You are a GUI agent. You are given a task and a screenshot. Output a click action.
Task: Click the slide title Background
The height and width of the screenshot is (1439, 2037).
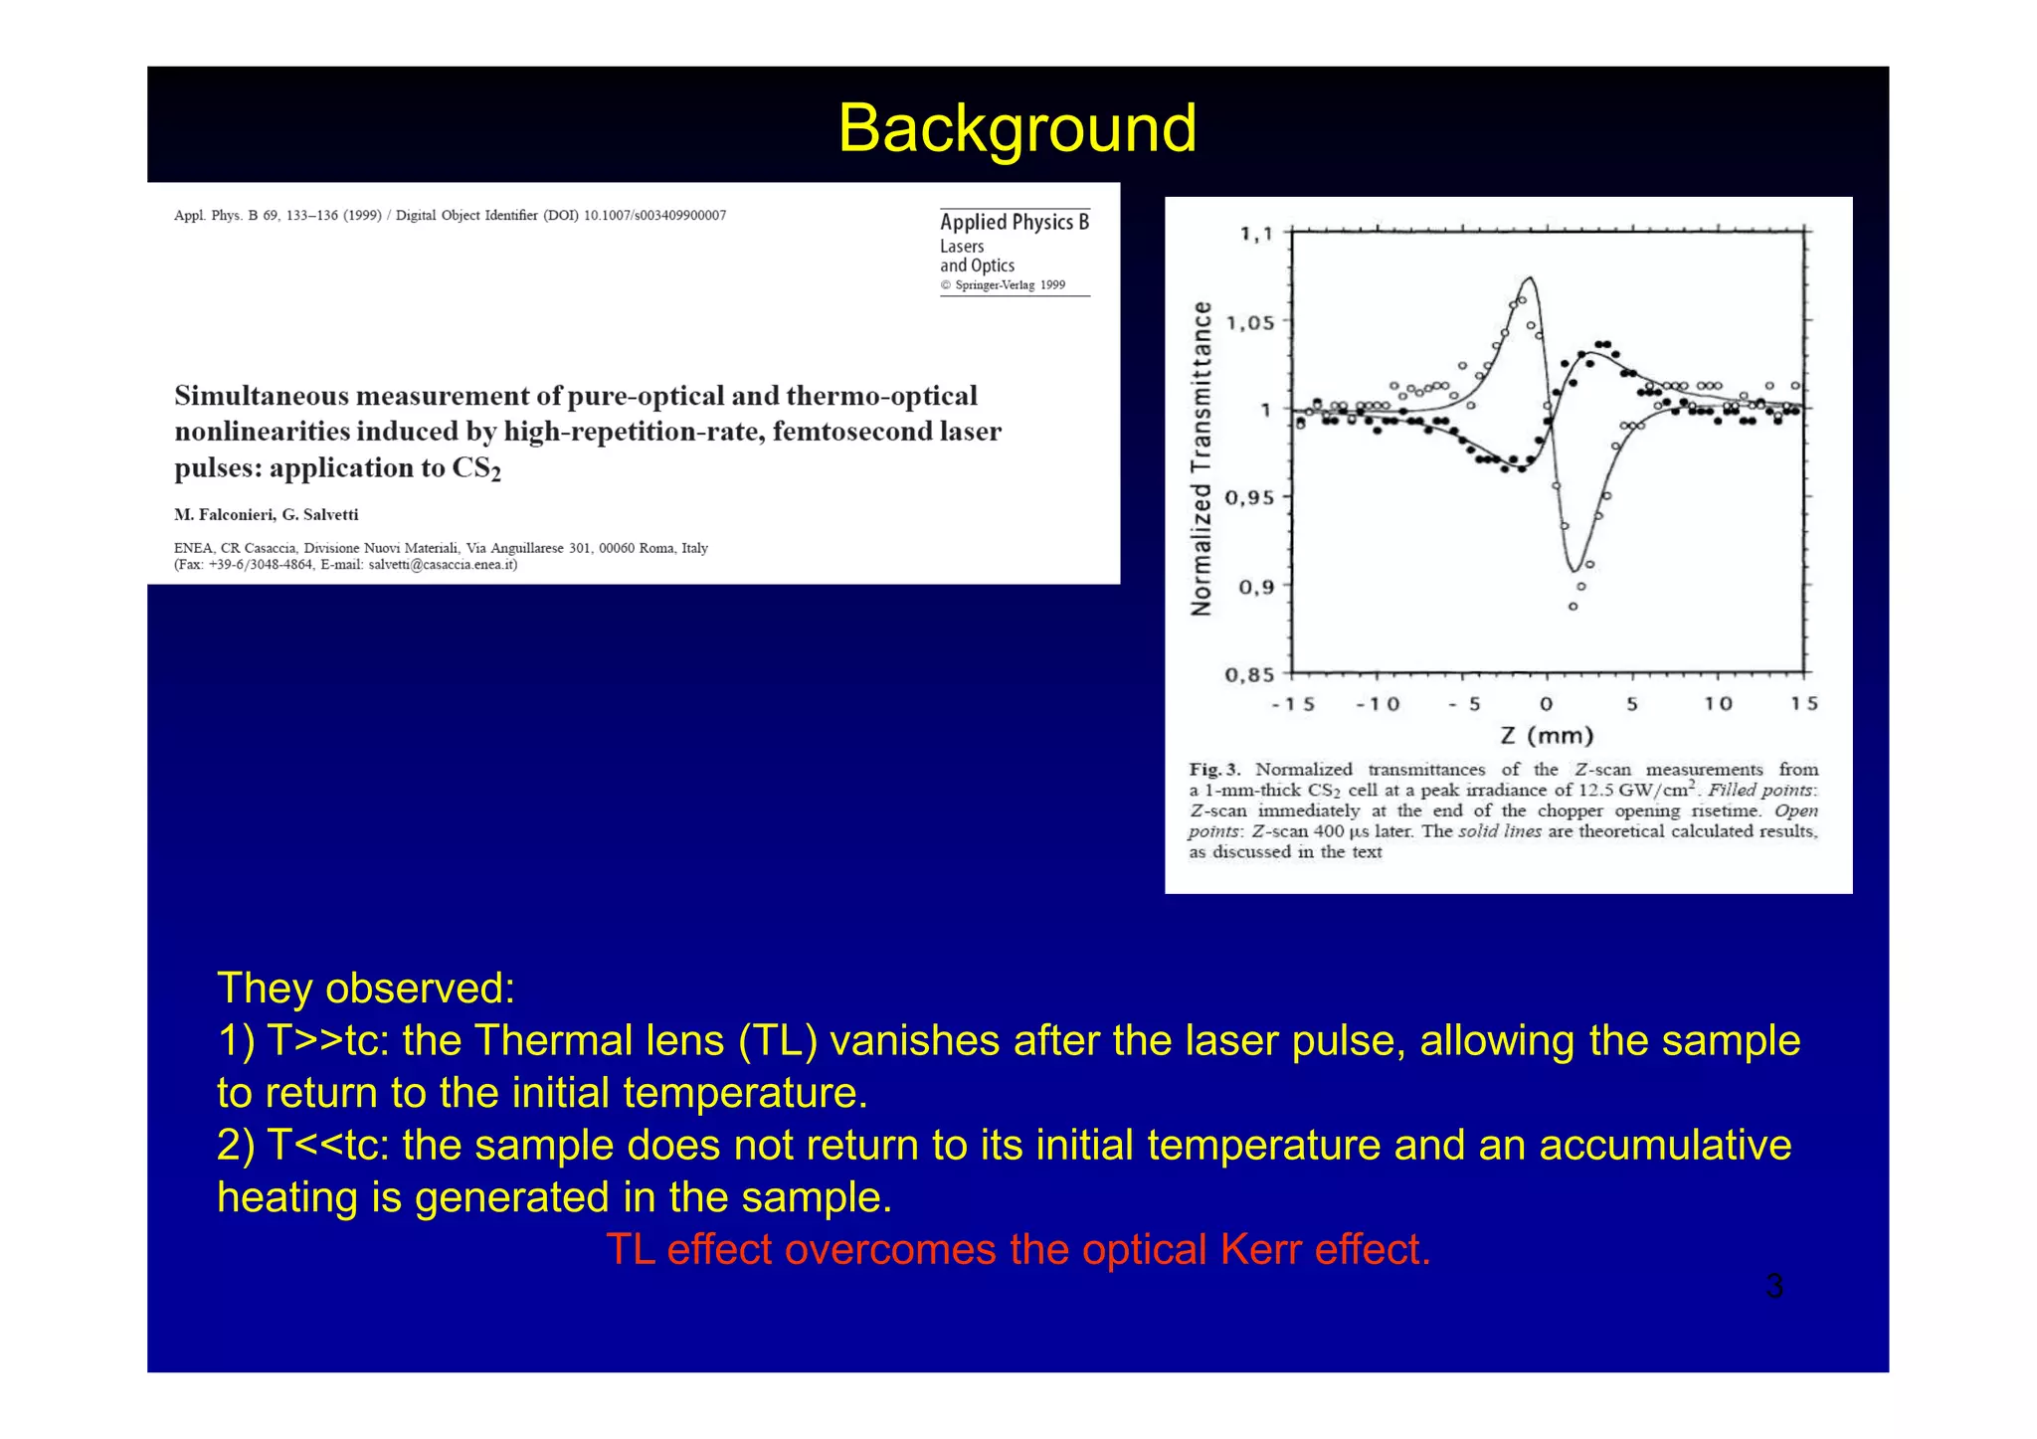(x=1017, y=128)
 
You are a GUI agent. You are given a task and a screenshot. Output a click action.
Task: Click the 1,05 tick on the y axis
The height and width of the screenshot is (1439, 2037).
(x=1249, y=323)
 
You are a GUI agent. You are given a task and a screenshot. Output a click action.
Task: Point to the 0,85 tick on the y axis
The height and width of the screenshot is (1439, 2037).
(x=1249, y=675)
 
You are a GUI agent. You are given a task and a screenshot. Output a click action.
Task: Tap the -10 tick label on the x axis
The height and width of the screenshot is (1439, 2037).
(x=1378, y=704)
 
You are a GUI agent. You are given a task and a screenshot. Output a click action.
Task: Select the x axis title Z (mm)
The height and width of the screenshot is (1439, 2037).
(x=1547, y=736)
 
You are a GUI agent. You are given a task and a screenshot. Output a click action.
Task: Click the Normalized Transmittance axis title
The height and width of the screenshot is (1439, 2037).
(x=1202, y=457)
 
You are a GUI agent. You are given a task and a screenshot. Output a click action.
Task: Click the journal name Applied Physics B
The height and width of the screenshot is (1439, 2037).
(x=1014, y=222)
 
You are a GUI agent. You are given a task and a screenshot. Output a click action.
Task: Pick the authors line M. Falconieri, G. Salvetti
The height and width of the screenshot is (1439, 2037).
(x=267, y=515)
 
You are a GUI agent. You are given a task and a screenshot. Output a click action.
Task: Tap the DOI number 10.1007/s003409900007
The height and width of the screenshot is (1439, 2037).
(x=654, y=216)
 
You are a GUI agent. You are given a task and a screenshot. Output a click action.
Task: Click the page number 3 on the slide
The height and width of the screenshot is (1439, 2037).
(x=1773, y=1287)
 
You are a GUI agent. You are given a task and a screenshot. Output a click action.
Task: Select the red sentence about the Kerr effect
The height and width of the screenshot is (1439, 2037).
(x=1018, y=1249)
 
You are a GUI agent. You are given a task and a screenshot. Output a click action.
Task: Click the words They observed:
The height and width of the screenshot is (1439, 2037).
(x=366, y=988)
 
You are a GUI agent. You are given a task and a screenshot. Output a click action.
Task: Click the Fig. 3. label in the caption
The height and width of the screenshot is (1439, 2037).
(x=1214, y=770)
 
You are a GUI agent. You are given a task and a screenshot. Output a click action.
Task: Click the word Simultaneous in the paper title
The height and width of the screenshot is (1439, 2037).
(x=262, y=396)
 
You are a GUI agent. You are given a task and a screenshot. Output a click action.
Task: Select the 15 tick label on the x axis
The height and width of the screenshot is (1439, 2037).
(x=1803, y=704)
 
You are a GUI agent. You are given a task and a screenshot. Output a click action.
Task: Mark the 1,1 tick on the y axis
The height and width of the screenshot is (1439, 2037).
(x=1255, y=235)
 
